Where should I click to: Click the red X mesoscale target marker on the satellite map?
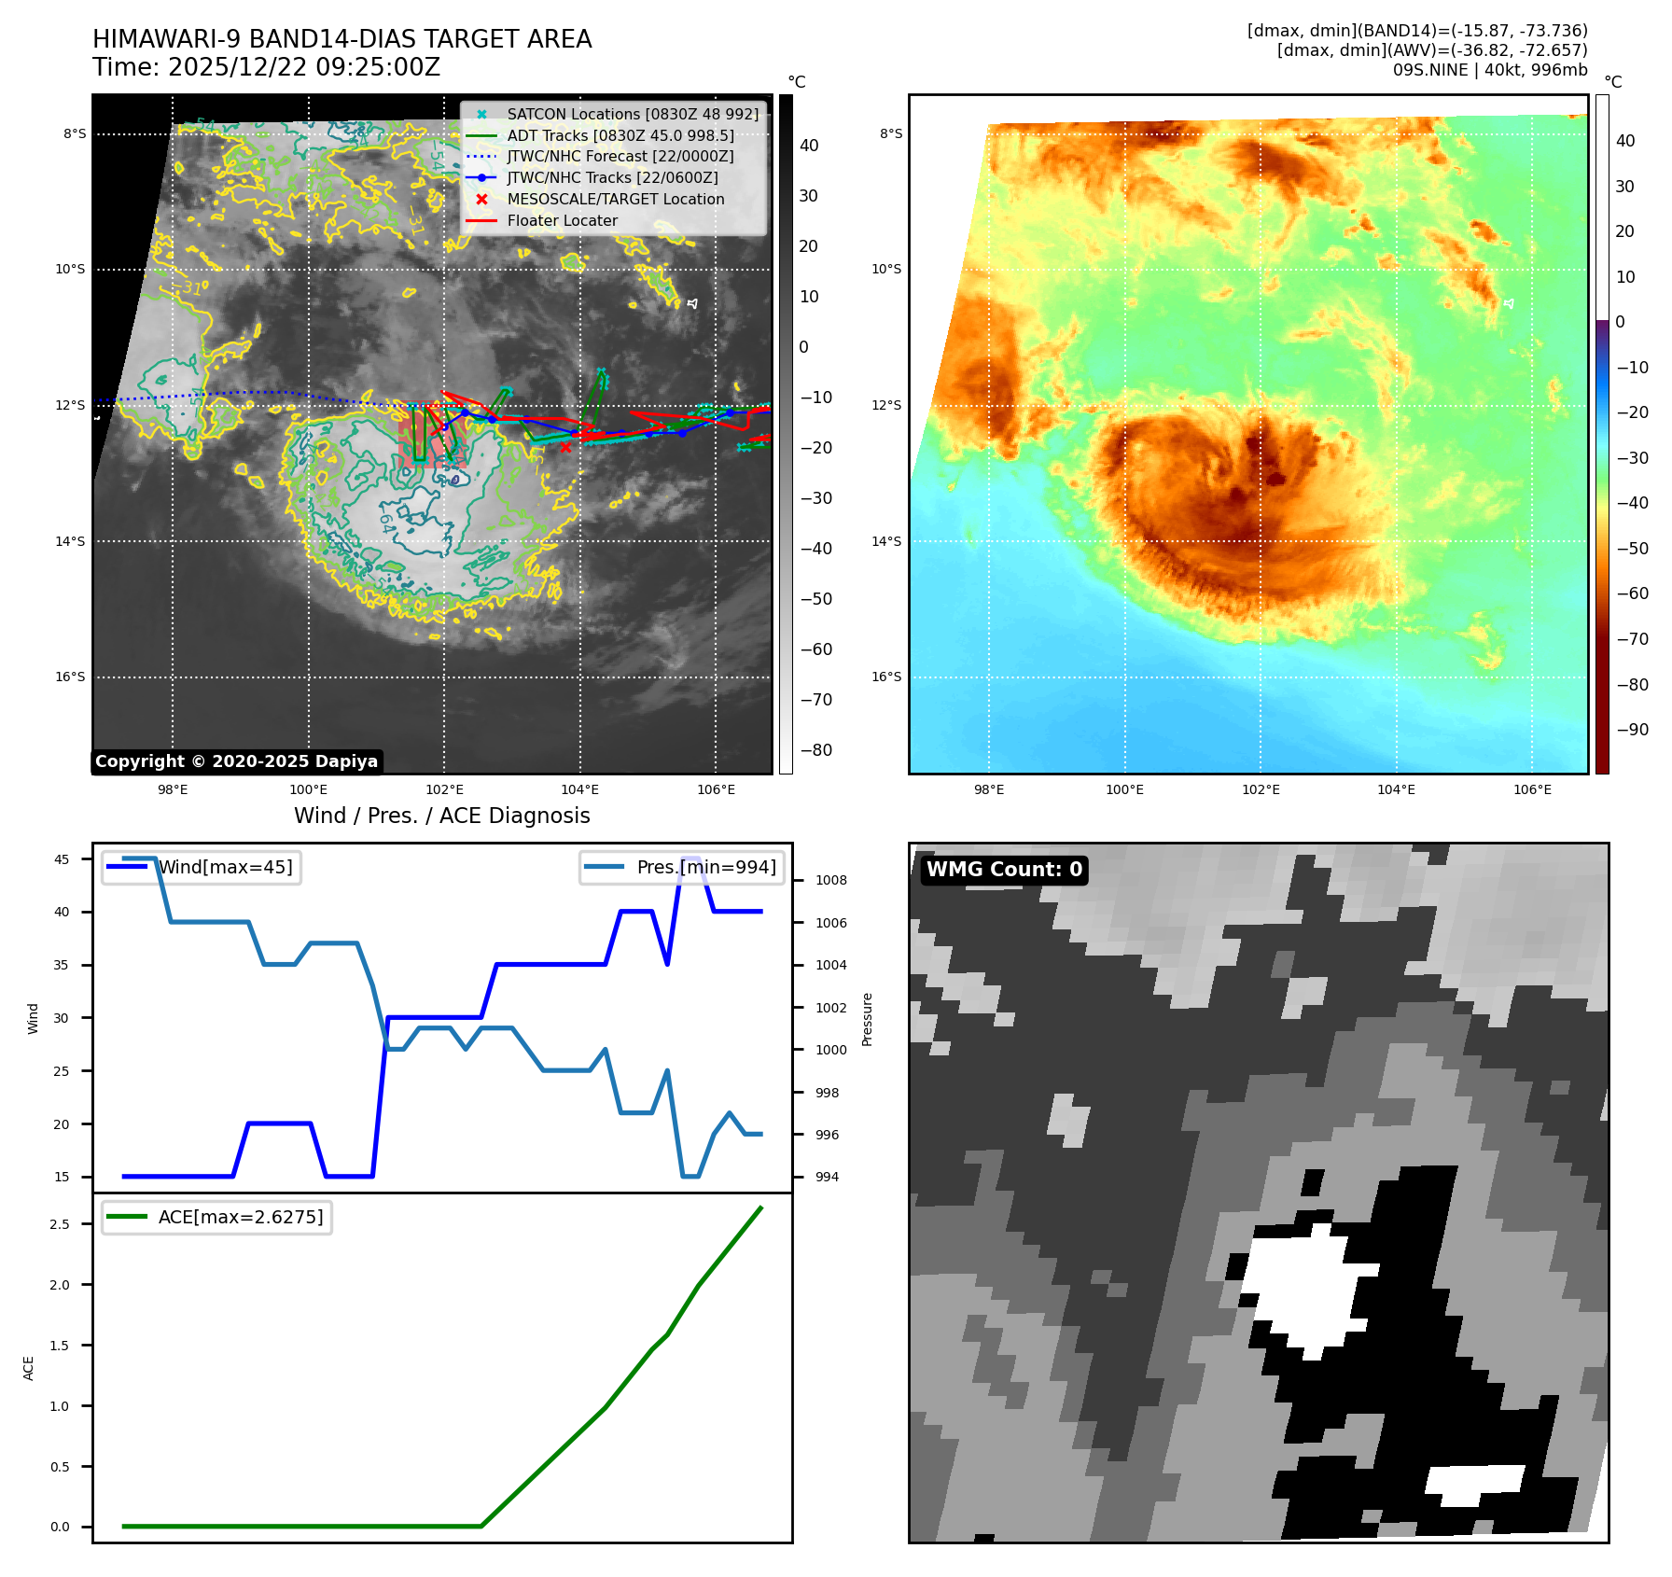point(565,448)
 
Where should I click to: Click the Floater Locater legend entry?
point(562,220)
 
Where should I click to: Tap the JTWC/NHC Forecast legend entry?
point(620,157)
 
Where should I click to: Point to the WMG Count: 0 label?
point(1004,870)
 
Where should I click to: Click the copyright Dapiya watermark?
point(236,761)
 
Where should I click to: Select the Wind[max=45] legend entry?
point(225,867)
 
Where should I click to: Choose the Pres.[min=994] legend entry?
point(705,867)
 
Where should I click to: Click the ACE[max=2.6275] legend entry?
point(240,1217)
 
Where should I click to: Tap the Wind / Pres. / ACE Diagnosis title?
point(441,816)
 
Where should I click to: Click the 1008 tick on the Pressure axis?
point(830,880)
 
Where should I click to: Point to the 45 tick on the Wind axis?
point(62,859)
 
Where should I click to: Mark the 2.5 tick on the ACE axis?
point(60,1224)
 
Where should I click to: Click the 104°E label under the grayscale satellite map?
point(579,789)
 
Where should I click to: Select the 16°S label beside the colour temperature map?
point(885,677)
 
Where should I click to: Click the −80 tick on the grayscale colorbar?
point(815,750)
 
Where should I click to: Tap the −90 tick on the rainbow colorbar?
point(1632,730)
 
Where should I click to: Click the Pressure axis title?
point(867,1019)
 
